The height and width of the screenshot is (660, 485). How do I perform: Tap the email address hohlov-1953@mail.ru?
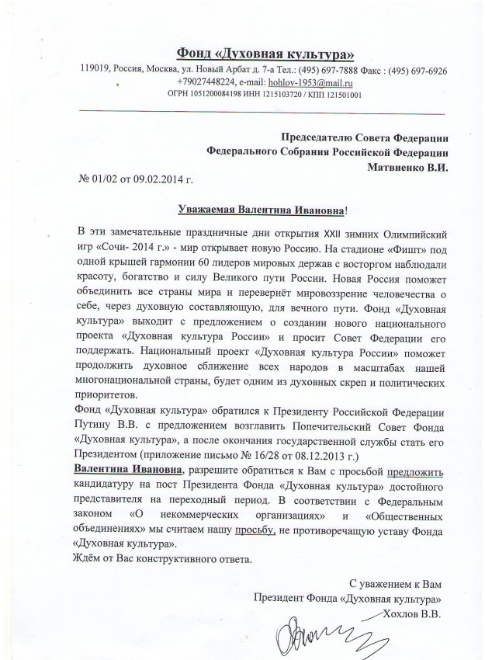pyautogui.click(x=307, y=82)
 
